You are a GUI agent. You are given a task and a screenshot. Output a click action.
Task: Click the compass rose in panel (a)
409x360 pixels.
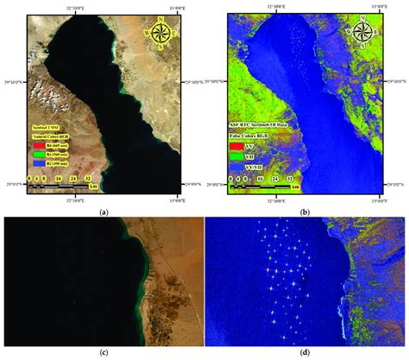point(161,35)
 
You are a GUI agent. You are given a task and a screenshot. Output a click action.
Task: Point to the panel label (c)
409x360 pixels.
point(104,353)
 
